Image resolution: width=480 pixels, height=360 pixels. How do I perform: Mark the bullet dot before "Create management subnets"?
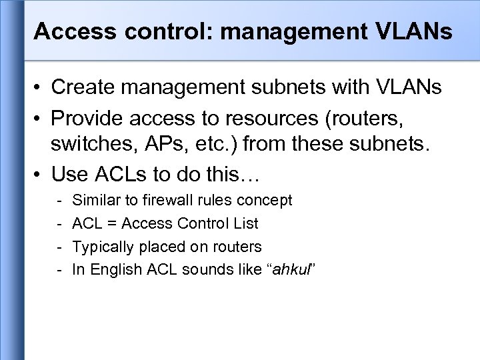point(39,87)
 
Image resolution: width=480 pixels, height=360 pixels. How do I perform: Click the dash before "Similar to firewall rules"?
point(60,200)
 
